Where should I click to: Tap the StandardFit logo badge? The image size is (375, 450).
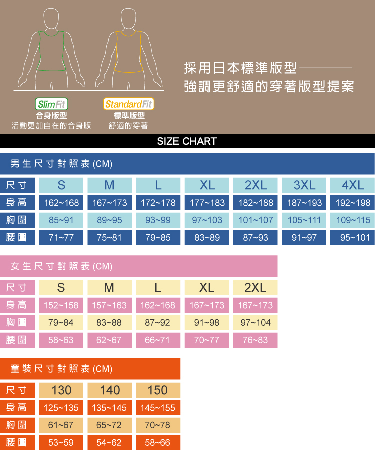129,104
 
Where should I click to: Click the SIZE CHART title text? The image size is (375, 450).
187,141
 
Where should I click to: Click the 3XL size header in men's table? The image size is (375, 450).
304,185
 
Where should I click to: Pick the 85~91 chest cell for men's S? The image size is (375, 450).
61,220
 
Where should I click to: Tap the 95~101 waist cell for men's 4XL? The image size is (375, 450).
353,238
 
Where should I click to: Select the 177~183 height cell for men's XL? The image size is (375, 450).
207,203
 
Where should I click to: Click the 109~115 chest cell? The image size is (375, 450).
353,220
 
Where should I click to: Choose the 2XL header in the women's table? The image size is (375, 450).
255,288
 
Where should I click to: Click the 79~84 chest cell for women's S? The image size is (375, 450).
61,323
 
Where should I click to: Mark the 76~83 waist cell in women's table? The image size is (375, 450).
255,340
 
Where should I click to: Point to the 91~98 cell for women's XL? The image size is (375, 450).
207,323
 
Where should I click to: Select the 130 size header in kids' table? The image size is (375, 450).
61,390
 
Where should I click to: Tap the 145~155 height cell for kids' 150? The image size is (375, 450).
158,408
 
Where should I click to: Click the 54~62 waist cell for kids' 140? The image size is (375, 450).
109,443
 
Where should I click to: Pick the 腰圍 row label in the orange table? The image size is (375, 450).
17,443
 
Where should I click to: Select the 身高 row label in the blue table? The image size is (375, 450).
17,203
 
